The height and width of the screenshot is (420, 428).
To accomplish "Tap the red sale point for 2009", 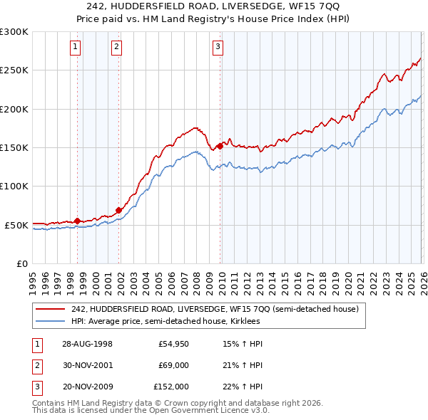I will click(219, 146).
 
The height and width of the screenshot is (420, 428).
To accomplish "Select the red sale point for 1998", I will click(77, 221).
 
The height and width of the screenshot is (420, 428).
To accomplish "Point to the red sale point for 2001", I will click(118, 210).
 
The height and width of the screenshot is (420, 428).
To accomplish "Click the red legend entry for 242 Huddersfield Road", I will click(219, 309).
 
